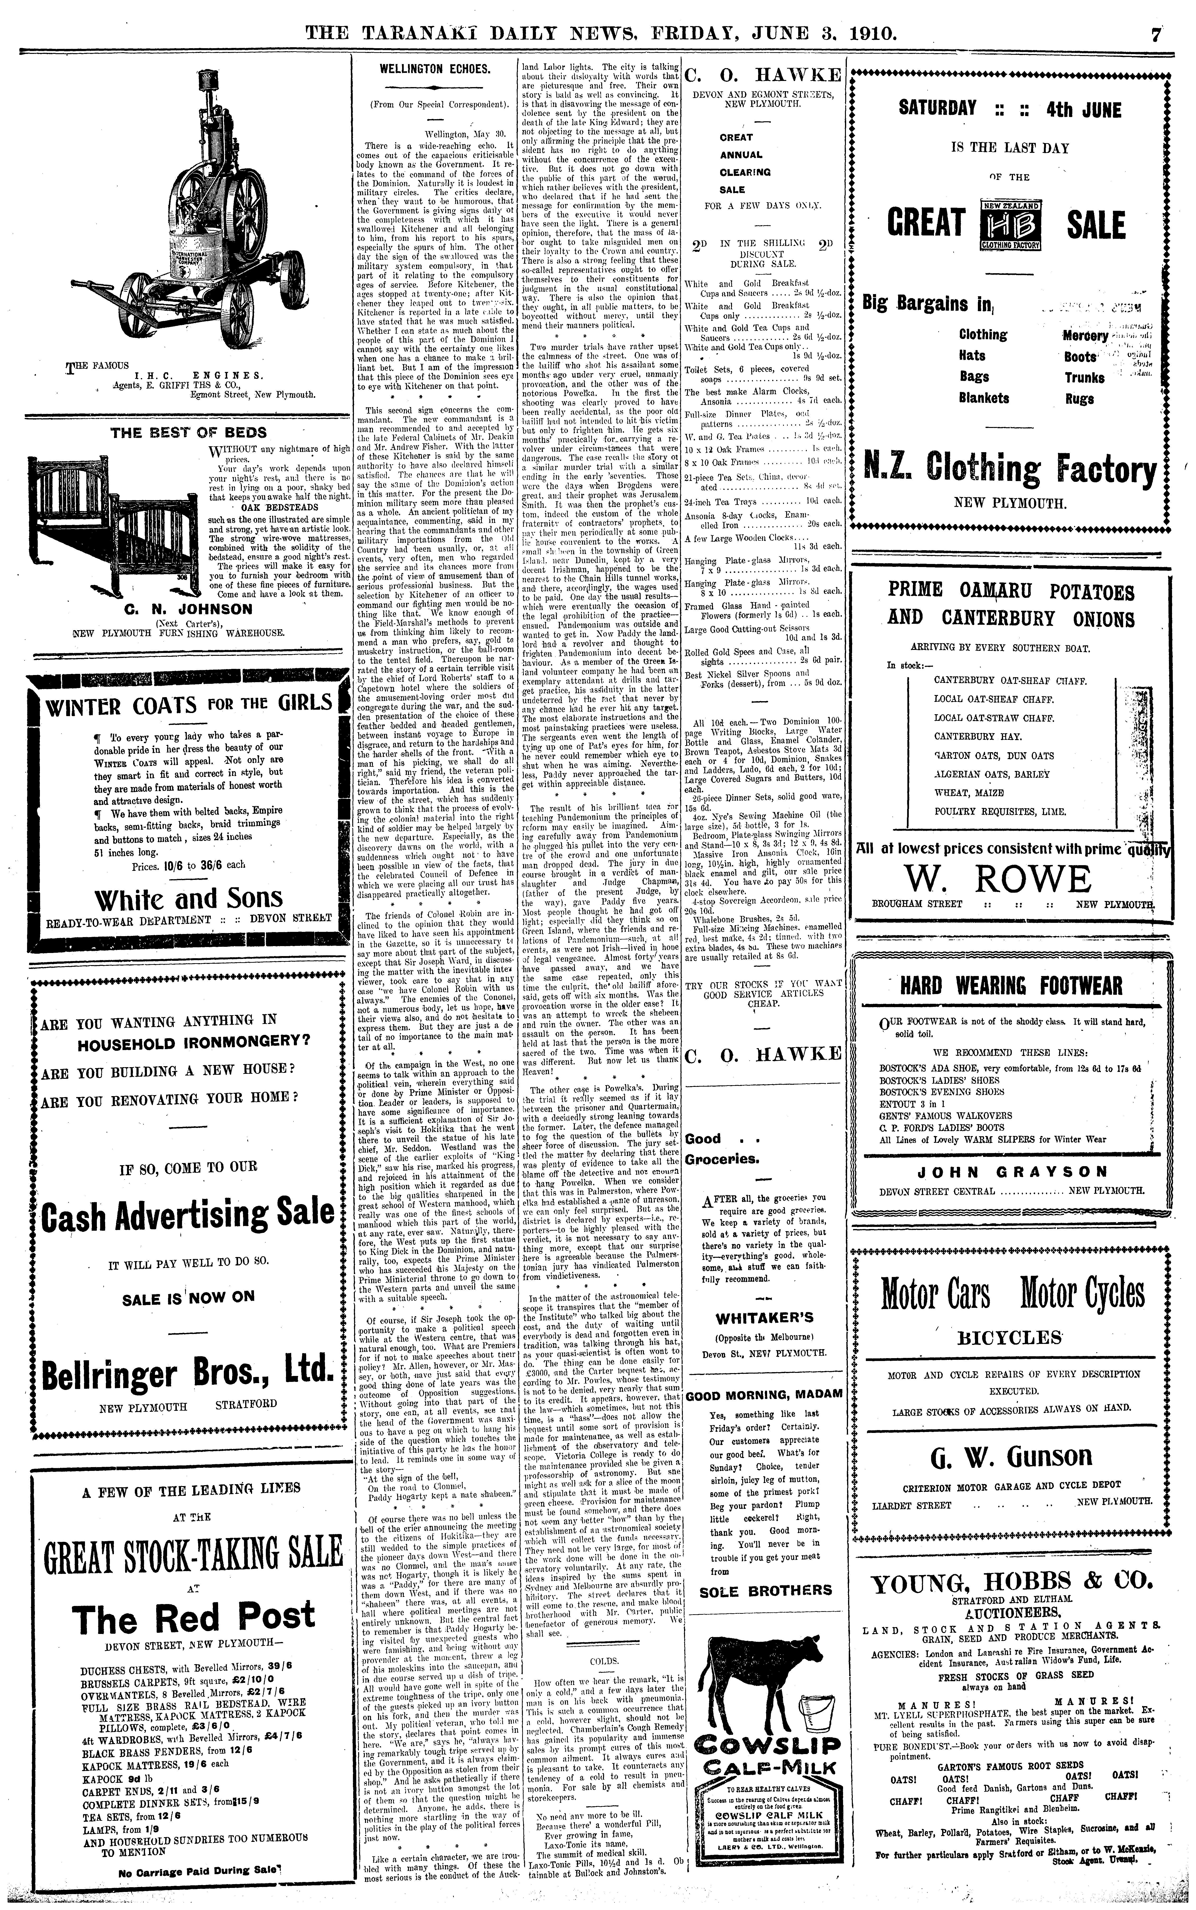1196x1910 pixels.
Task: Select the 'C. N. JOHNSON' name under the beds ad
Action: (188, 609)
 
